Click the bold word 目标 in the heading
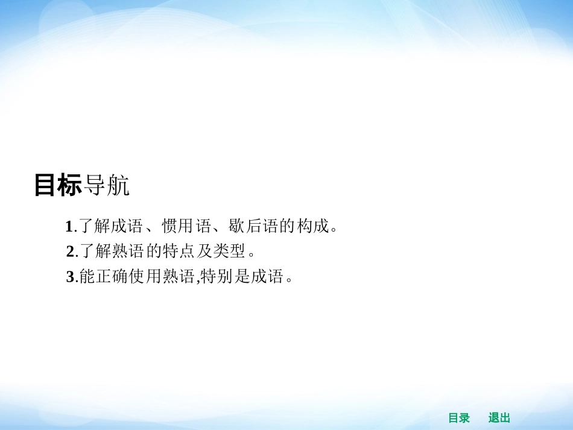pos(58,186)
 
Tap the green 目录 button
pos(459,418)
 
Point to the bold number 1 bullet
pos(69,227)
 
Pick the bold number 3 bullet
pos(70,277)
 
